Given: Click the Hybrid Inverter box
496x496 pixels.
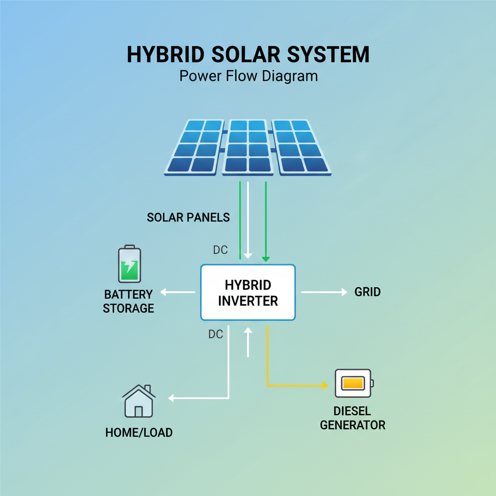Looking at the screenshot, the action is click(x=248, y=292).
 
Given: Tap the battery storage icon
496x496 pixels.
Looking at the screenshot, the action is click(x=129, y=264).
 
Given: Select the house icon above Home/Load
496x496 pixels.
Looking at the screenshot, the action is click(x=139, y=401).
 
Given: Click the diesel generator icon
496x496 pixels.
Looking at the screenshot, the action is click(x=354, y=383).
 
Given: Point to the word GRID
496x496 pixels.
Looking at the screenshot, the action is click(x=367, y=292).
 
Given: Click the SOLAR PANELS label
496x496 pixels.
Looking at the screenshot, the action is click(x=188, y=217).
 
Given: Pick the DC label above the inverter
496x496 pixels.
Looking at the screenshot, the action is click(x=220, y=250).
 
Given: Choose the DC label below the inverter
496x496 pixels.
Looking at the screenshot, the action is click(x=216, y=334).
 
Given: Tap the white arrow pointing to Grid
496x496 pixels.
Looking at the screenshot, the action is click(x=324, y=292).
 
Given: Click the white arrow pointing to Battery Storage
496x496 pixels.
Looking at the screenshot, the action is click(x=178, y=292).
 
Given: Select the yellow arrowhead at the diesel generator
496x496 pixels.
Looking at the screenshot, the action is click(x=325, y=386).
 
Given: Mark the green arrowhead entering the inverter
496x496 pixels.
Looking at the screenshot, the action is click(x=266, y=259).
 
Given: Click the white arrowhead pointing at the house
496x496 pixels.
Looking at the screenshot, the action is click(x=171, y=398).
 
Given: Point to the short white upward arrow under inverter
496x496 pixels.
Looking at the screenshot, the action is click(x=248, y=342).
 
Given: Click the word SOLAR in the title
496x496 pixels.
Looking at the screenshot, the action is click(x=246, y=54).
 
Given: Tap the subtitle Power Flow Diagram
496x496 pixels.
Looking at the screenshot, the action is click(x=248, y=76).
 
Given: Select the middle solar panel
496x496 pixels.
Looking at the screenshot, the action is click(x=248, y=147).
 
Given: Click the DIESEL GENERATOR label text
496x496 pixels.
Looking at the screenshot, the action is click(x=353, y=418).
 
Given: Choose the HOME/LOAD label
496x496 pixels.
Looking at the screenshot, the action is click(x=139, y=433).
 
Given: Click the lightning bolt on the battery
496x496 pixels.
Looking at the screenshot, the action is click(x=129, y=266).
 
